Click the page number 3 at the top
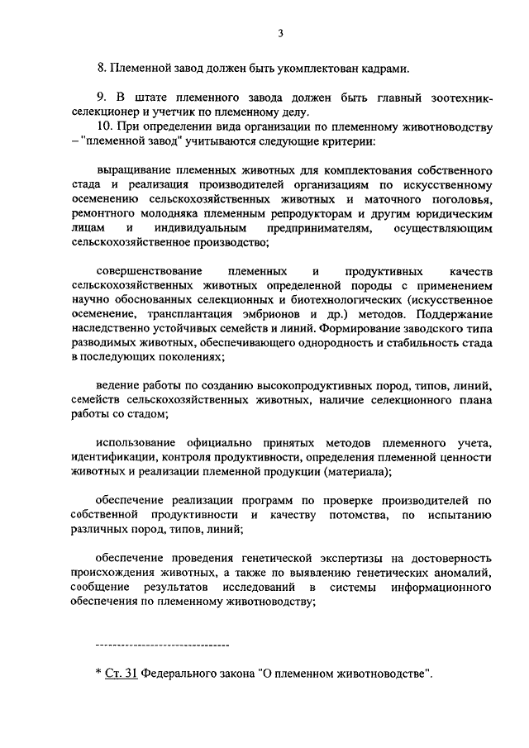280,33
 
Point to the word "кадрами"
384,68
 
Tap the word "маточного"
388,199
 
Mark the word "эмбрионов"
275,316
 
